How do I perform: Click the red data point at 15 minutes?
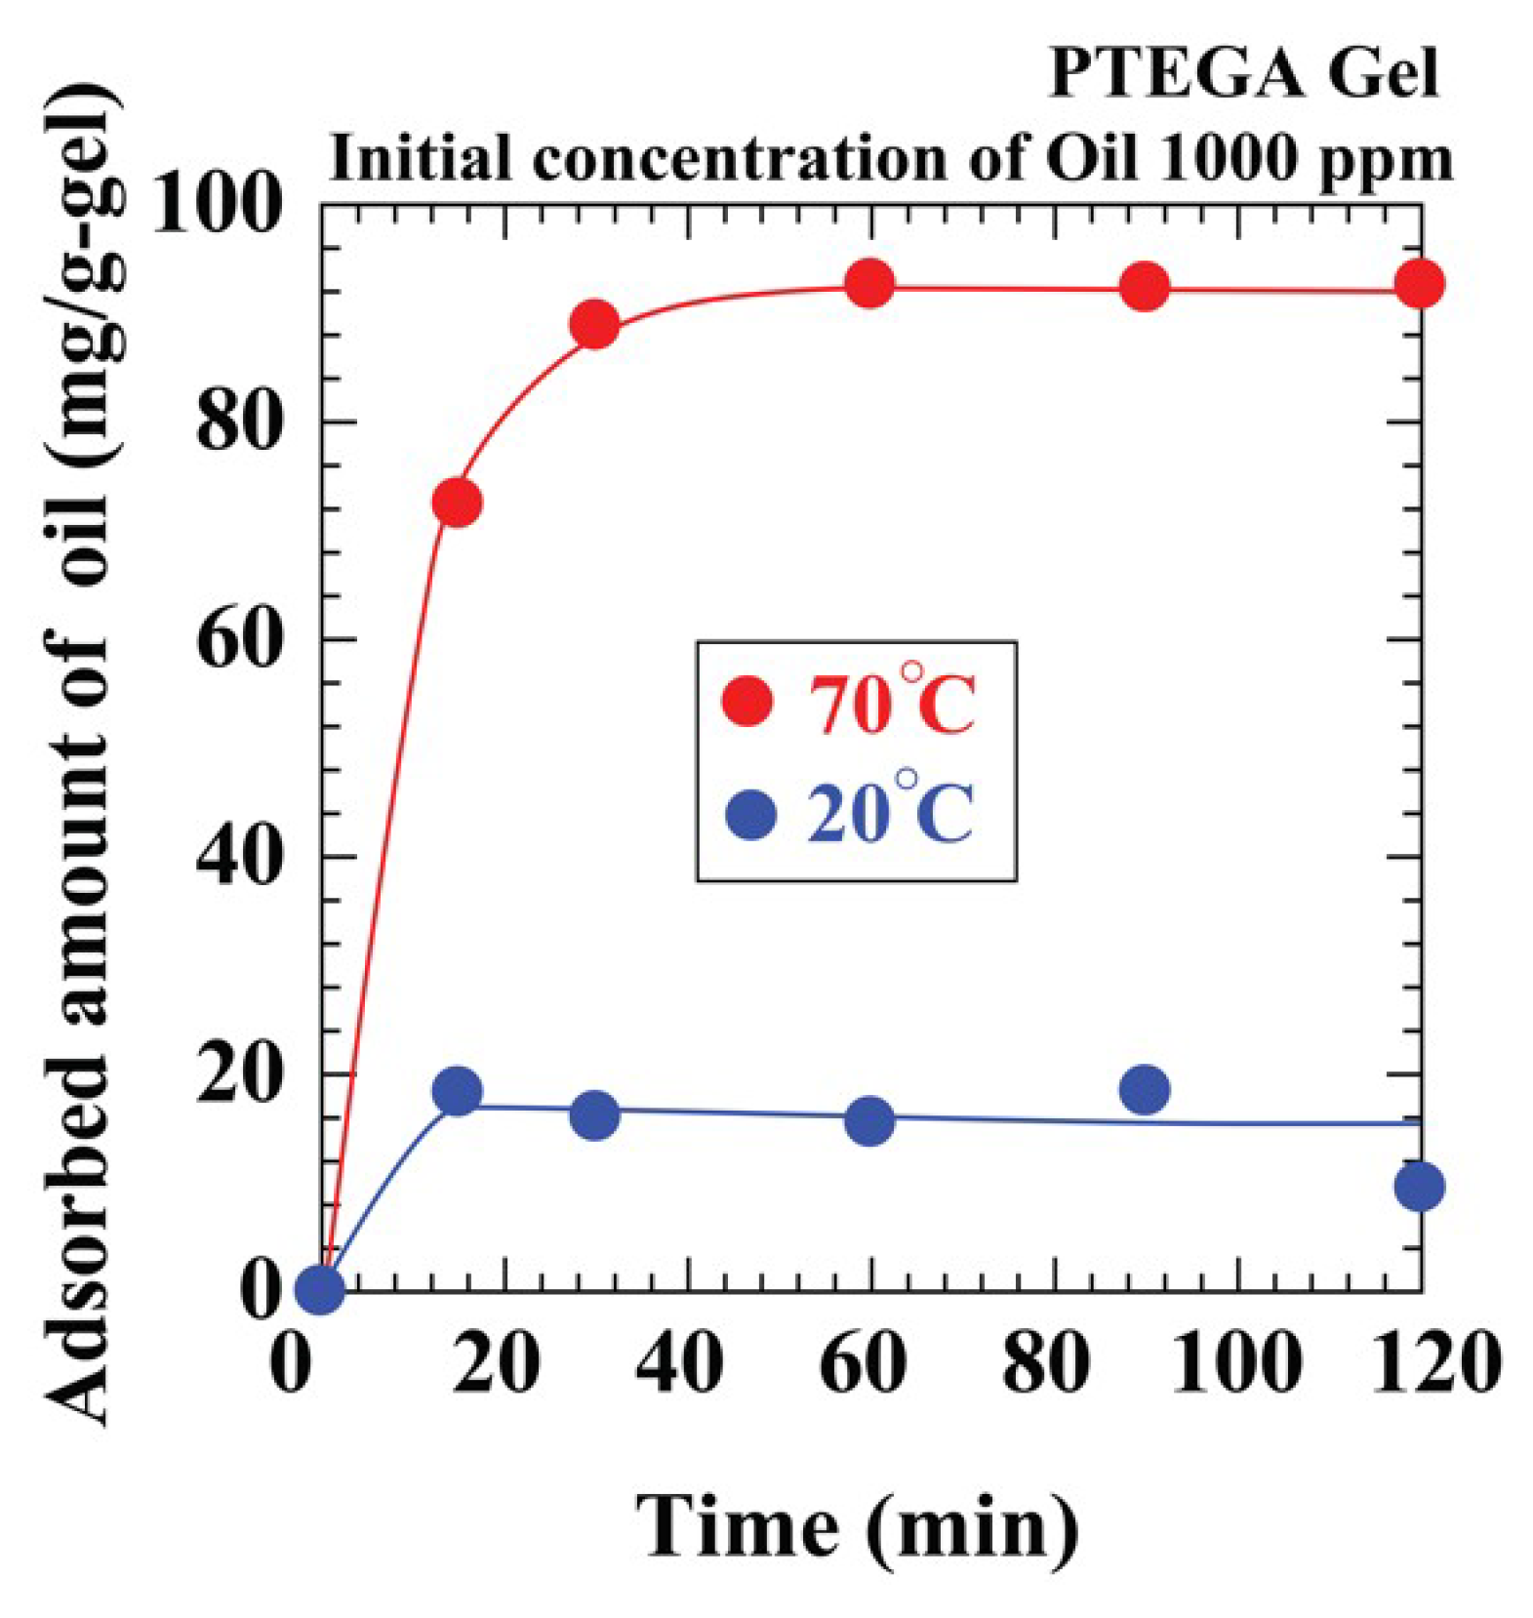click(x=457, y=503)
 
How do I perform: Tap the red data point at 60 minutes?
click(x=868, y=284)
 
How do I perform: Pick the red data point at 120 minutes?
click(x=1419, y=284)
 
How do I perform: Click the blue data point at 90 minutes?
click(x=1145, y=1089)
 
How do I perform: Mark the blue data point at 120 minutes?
click(x=1419, y=1187)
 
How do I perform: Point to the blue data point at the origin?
click(x=320, y=1289)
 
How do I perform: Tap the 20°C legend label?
click(x=890, y=812)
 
